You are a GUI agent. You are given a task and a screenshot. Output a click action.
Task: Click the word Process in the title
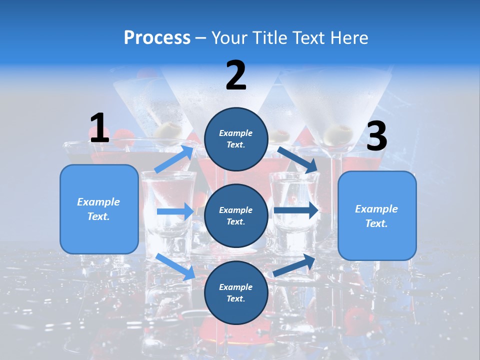tap(157, 38)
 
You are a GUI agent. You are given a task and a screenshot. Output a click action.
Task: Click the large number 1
tap(99, 128)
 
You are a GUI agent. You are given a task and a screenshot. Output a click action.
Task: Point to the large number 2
tap(236, 75)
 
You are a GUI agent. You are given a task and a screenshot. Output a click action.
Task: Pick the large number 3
tap(376, 136)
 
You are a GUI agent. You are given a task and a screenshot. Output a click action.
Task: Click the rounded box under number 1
tap(99, 209)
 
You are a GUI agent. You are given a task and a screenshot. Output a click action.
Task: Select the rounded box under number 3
tap(377, 216)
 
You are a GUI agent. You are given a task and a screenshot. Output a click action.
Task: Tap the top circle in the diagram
tap(236, 139)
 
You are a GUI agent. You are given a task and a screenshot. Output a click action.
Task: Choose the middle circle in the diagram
tap(236, 215)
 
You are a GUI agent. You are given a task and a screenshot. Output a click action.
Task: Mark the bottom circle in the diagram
tap(236, 292)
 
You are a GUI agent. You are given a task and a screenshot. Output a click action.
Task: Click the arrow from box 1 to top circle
tap(174, 159)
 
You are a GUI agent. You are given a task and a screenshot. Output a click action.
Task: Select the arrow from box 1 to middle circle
tap(175, 211)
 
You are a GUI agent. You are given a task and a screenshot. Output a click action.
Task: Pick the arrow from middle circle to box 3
tap(296, 210)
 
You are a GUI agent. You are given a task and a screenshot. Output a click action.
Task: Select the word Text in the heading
tap(308, 38)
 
